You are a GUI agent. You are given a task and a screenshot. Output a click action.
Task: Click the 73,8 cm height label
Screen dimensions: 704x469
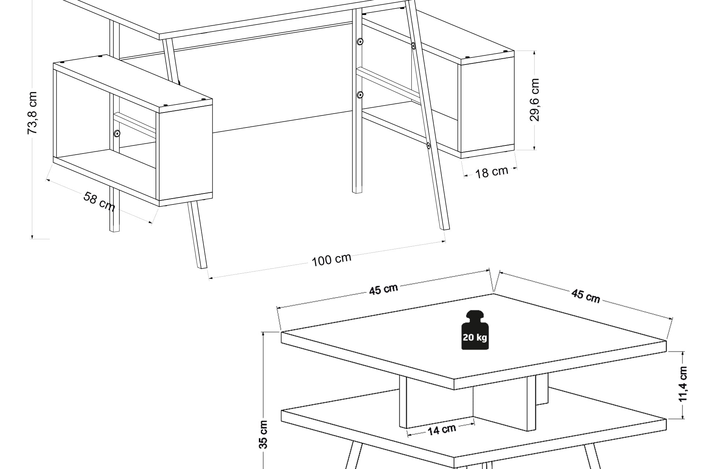[x=32, y=112]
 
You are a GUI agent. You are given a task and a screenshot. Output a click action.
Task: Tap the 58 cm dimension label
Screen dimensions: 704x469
[x=99, y=201]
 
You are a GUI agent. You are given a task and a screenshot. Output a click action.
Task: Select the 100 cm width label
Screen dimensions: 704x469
[x=331, y=259]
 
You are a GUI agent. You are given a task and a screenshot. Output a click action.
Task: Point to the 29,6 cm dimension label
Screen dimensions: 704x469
[x=535, y=100]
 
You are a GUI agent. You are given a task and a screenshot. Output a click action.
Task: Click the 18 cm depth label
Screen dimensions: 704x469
[x=492, y=172]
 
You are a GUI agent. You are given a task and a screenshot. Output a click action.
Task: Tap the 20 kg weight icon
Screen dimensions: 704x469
[x=475, y=330]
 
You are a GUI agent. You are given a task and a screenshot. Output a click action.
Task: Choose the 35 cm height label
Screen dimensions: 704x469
[x=263, y=434]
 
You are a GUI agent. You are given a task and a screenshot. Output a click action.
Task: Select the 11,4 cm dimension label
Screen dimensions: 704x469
[x=683, y=384]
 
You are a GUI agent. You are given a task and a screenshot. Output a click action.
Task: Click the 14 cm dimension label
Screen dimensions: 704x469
[x=441, y=429]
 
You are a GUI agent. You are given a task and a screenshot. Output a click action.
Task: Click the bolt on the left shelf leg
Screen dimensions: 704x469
[x=117, y=133]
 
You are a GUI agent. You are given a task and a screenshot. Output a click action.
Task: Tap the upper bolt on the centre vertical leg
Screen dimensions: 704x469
[x=360, y=42]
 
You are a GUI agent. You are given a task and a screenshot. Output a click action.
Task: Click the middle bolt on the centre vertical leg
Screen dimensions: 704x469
[x=360, y=95]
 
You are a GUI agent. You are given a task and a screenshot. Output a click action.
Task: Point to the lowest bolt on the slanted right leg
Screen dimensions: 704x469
[x=428, y=146]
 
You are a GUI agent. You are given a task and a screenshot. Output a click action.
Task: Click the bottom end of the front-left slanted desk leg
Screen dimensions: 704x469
[x=202, y=267]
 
